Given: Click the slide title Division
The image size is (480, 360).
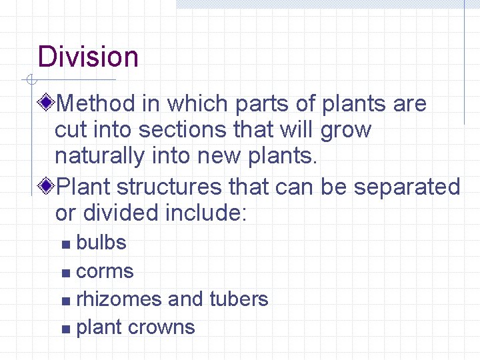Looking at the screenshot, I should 88,57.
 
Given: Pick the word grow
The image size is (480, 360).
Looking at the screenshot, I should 345,131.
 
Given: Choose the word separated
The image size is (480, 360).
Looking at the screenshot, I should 407,187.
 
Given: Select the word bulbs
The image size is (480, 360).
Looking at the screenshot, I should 101,243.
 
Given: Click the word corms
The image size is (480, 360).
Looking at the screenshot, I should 105,272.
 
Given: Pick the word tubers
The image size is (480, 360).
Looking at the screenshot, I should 239,299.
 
